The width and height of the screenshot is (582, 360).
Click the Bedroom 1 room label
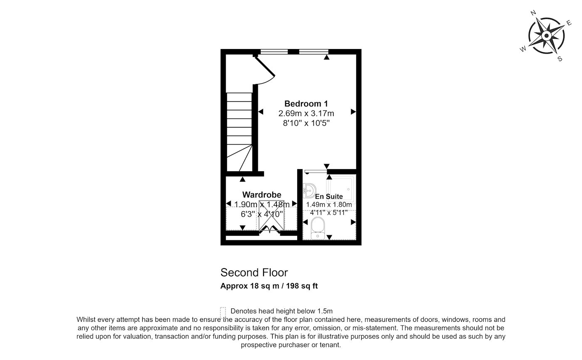(x=306, y=104)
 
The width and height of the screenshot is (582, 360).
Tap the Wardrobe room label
(x=261, y=195)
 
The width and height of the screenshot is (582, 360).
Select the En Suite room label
(x=329, y=196)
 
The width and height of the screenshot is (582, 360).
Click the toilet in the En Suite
(x=318, y=228)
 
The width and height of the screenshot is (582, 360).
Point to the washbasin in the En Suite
(x=309, y=191)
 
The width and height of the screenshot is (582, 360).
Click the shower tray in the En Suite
(x=340, y=189)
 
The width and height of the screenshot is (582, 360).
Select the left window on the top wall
(x=274, y=52)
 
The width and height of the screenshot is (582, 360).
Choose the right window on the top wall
(x=313, y=52)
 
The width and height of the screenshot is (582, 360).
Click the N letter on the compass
(x=533, y=13)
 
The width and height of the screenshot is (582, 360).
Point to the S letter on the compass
(x=560, y=59)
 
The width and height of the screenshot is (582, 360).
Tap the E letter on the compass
(x=569, y=23)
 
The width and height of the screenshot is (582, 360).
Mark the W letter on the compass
(x=523, y=49)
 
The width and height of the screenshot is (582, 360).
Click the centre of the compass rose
(x=546, y=36)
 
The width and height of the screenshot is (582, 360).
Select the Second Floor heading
(x=254, y=272)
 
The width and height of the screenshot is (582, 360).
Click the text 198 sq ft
(x=302, y=286)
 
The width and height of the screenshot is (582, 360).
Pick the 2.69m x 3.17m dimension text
(x=306, y=113)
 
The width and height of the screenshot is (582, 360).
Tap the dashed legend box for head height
(x=223, y=313)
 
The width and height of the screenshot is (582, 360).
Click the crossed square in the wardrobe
(x=271, y=215)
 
